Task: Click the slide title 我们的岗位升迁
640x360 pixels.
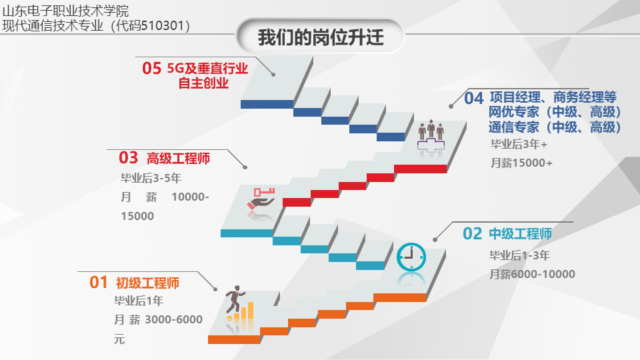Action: [321, 37]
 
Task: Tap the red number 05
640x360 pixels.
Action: [152, 68]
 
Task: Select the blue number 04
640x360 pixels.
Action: [474, 99]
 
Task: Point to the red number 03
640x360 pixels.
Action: [129, 157]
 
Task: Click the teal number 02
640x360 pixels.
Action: [473, 234]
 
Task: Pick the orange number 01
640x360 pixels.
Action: [99, 282]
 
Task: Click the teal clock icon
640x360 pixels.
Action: [411, 257]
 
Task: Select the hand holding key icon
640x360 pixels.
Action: [261, 199]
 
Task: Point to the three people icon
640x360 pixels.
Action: [431, 130]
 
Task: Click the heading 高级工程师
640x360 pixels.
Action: [179, 159]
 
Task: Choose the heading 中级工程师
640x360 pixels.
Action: [521, 234]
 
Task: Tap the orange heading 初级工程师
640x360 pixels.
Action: [148, 283]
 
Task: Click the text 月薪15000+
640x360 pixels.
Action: [521, 163]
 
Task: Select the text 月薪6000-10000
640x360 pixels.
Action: [532, 274]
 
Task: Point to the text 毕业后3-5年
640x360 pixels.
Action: [151, 178]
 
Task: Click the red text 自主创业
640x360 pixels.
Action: [204, 83]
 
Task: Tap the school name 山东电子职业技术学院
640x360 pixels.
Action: [65, 11]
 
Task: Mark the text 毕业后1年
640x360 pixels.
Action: [139, 301]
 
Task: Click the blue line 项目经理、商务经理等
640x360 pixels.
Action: [553, 97]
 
